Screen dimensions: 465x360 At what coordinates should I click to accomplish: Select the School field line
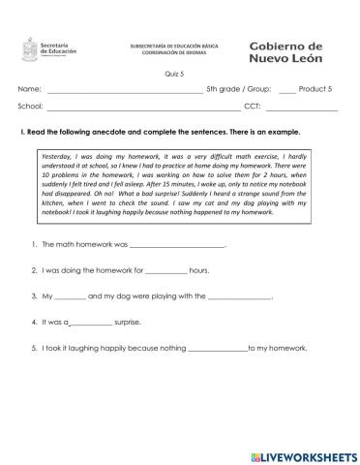click(x=140, y=108)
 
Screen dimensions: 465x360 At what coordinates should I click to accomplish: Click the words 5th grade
click(x=228, y=88)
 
